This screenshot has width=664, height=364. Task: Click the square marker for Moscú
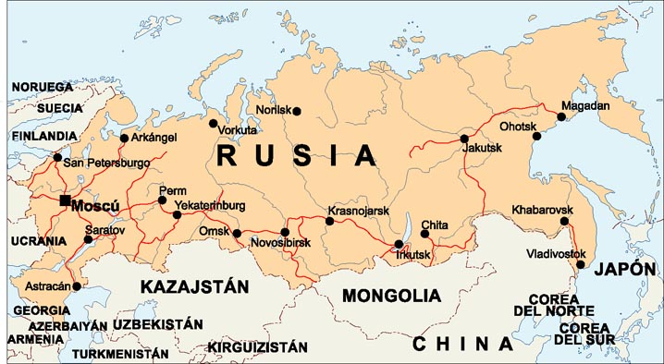pyautogui.click(x=64, y=200)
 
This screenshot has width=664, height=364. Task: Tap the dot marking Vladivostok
pyautogui.click(x=581, y=265)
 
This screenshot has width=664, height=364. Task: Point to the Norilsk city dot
pyautogui.click(x=297, y=111)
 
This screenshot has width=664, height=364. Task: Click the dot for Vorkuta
pyautogui.click(x=214, y=122)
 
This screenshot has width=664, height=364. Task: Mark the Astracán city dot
pyautogui.click(x=77, y=286)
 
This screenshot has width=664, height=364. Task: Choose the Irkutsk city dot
pyautogui.click(x=399, y=245)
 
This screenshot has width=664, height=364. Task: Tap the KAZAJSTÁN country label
pyautogui.click(x=194, y=287)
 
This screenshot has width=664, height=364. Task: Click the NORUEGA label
pyautogui.click(x=42, y=87)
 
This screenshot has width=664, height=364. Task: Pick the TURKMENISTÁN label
pyautogui.click(x=120, y=353)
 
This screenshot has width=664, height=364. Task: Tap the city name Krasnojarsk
pyautogui.click(x=358, y=211)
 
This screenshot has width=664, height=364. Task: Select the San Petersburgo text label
pyautogui.click(x=105, y=163)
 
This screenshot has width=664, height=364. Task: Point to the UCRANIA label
pyautogui.click(x=38, y=240)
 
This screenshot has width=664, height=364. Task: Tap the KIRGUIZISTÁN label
pyautogui.click(x=257, y=347)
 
